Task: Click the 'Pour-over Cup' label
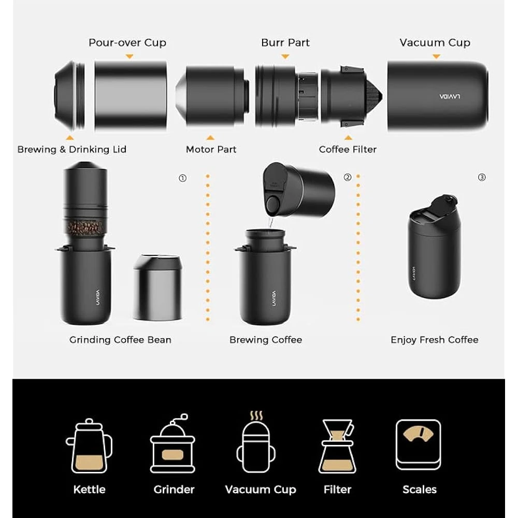pos(127,43)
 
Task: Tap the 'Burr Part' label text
pos(285,42)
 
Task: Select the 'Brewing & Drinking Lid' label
pos(71,150)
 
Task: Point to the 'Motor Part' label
pos(211,150)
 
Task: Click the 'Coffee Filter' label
pos(348,150)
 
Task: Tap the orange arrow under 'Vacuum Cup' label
pos(436,56)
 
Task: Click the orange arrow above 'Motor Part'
pos(210,137)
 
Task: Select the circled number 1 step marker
pos(183,178)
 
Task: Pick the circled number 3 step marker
pos(482,177)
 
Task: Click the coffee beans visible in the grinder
pos(85,227)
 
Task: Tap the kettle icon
pos(89,445)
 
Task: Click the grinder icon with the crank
pos(173,443)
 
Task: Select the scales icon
pos(419,444)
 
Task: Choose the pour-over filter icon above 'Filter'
pos(337,447)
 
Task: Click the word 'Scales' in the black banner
pos(420,490)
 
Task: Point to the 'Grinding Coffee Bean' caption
pos(120,340)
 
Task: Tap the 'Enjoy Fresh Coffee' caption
pos(435,340)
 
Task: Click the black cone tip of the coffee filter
pos(375,96)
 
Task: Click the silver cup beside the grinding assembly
pos(157,287)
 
